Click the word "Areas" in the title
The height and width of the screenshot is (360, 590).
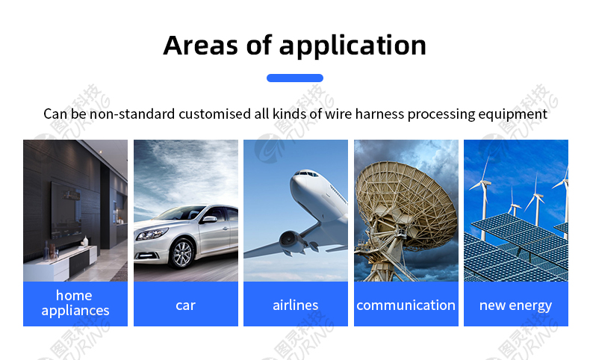(x=201, y=46)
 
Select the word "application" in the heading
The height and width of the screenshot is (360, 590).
(x=353, y=46)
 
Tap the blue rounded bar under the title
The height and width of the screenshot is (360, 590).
(x=295, y=78)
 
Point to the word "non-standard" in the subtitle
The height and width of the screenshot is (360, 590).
(x=132, y=114)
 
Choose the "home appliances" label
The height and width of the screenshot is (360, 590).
(x=75, y=303)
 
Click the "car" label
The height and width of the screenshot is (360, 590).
(x=185, y=305)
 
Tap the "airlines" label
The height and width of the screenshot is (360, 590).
(x=296, y=305)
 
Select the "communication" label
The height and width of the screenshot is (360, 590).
(x=406, y=305)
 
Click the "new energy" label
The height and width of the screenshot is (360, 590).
(x=515, y=305)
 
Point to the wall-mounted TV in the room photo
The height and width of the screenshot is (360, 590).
(x=66, y=211)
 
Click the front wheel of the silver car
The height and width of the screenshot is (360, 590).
(x=182, y=253)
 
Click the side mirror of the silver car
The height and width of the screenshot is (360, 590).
(x=209, y=220)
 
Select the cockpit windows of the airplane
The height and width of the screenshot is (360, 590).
(x=306, y=173)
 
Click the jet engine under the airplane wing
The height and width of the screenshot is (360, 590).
(x=292, y=242)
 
